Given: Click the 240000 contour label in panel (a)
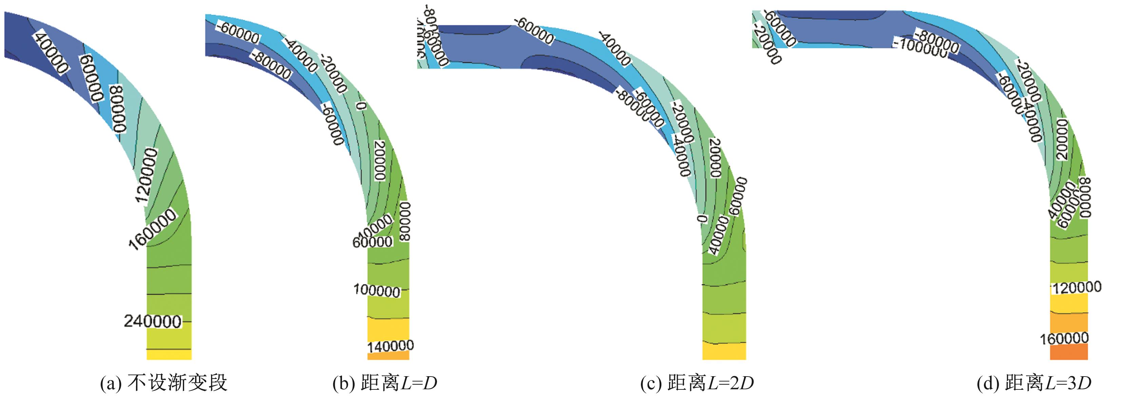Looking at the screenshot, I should click(152, 321).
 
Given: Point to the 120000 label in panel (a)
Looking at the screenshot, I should click(146, 175).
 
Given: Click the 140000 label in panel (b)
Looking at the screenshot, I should click(390, 346).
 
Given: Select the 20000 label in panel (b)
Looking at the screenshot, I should click(380, 160).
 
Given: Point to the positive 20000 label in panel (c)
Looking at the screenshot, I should click(715, 158).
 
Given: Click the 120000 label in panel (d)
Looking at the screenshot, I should click(1076, 287).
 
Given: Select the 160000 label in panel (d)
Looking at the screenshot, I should click(1064, 338).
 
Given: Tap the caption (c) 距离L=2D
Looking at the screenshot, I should click(697, 383).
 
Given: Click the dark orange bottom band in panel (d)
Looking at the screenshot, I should click(1069, 351).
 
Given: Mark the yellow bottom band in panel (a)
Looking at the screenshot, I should click(169, 355).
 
